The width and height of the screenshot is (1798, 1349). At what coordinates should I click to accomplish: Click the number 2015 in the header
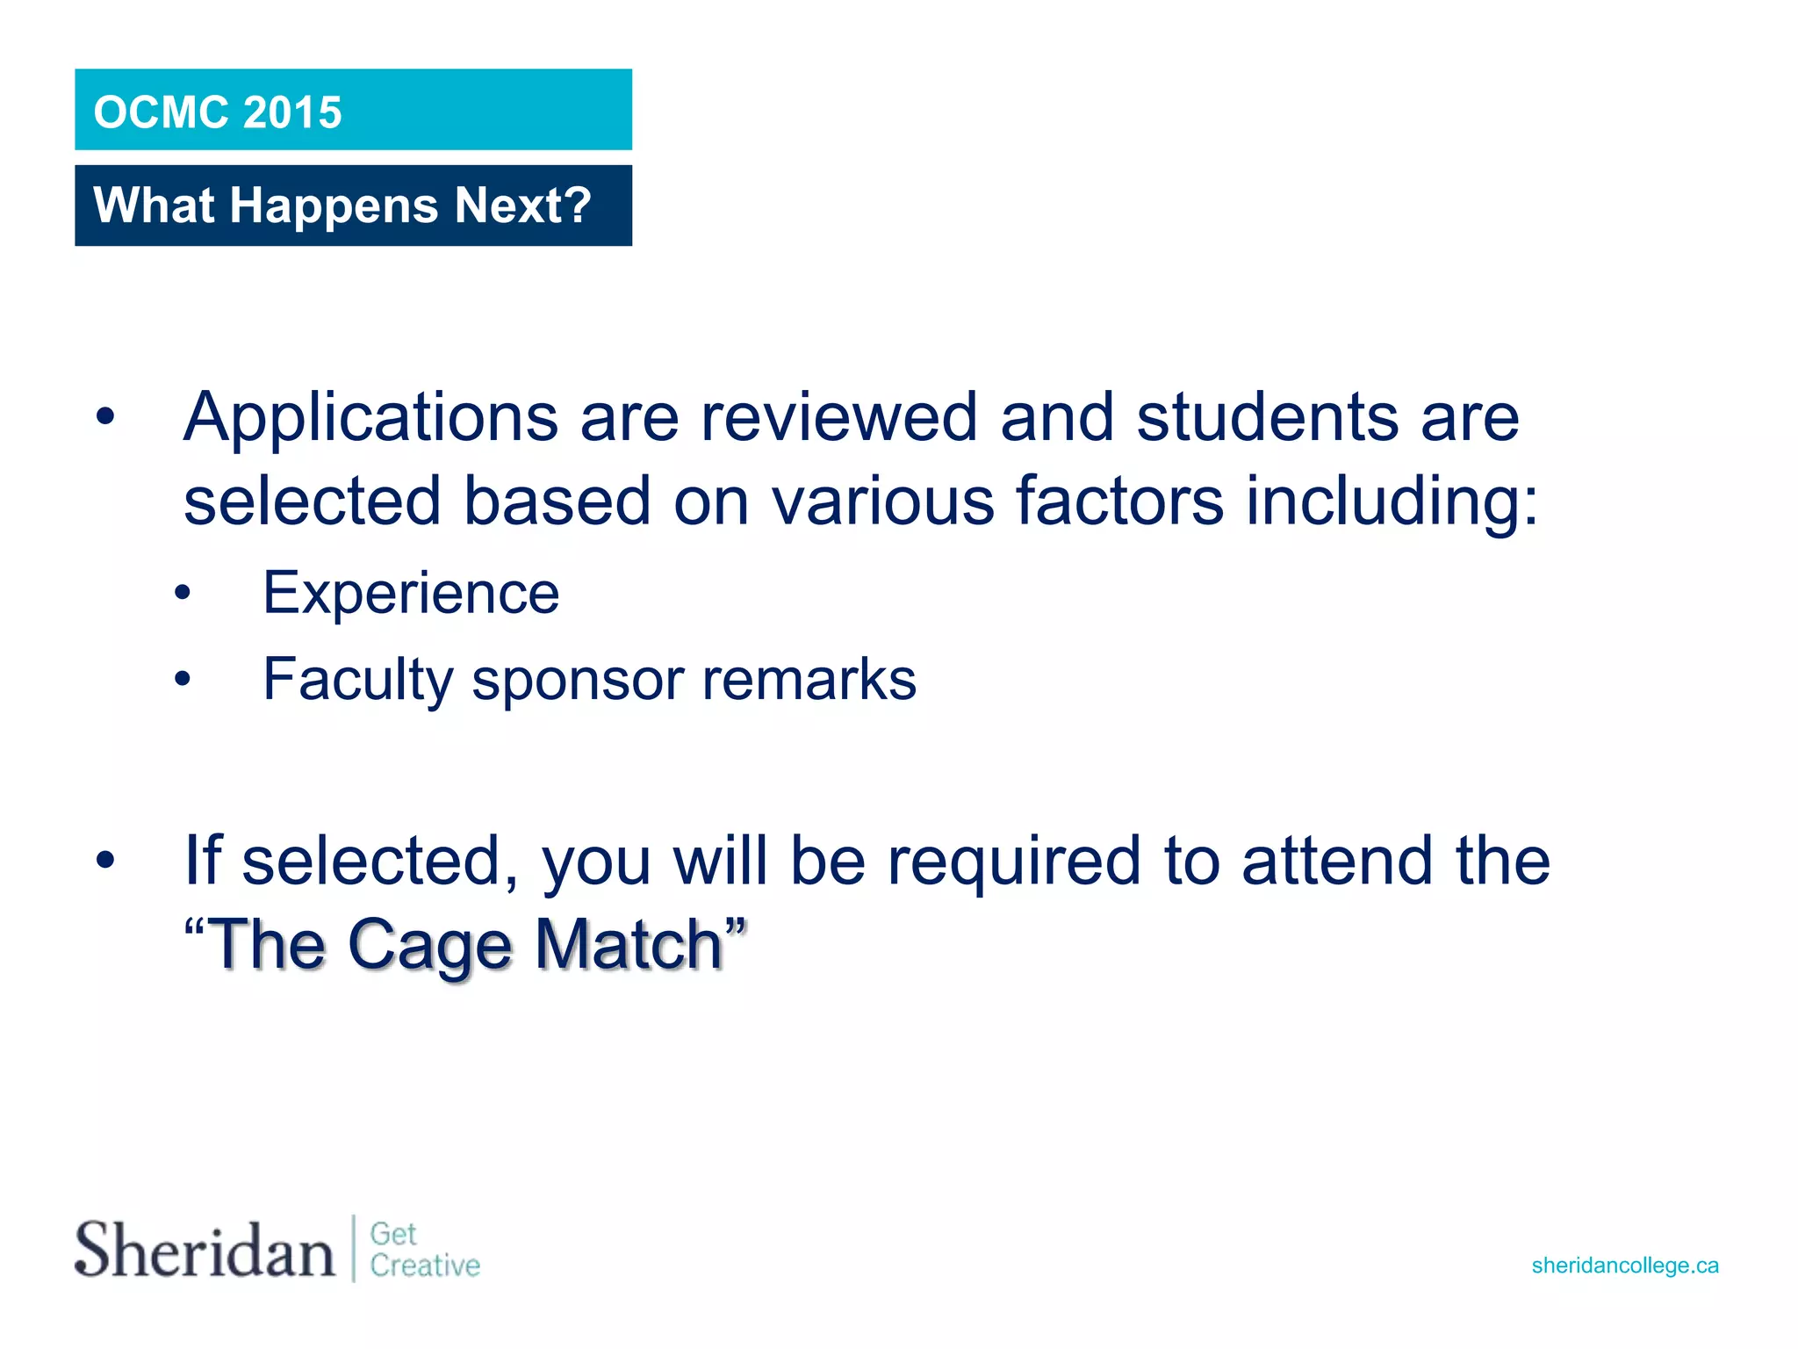coord(291,113)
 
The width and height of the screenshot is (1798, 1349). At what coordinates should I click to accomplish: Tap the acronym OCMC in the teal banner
coord(162,113)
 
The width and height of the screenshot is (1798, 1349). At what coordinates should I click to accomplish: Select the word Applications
coord(370,418)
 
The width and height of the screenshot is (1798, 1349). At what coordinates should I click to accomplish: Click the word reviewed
coord(838,418)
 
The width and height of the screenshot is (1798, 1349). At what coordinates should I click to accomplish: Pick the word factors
coord(1119,501)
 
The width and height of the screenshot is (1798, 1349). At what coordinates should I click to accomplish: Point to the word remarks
coord(809,680)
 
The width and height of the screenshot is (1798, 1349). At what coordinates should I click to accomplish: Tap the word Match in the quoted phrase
coord(629,945)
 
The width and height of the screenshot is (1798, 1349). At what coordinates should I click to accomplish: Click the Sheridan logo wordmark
coord(205,1249)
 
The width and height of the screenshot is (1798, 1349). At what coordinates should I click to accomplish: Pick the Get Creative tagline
coord(424,1250)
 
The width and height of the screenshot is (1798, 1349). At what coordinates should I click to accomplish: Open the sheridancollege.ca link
coord(1624,1266)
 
